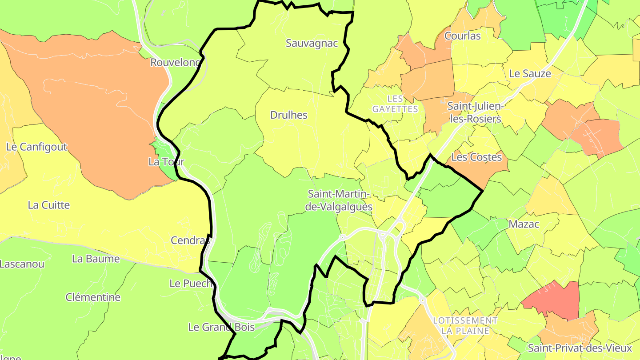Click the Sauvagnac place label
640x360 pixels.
(x=312, y=44)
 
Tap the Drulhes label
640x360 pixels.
(x=289, y=115)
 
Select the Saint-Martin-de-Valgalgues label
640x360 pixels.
(x=340, y=200)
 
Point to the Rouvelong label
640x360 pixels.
(x=175, y=63)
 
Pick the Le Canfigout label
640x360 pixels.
(x=36, y=147)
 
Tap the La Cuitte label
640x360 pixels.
(x=49, y=205)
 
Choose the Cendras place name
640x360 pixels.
(x=190, y=240)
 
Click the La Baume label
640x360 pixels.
(x=96, y=259)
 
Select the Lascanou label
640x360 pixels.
(x=22, y=264)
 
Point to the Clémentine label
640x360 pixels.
(x=93, y=297)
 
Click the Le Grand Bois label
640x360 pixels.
(x=221, y=328)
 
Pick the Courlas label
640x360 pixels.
(x=463, y=36)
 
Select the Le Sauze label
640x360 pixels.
(x=530, y=74)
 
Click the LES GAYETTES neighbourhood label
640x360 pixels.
(x=395, y=104)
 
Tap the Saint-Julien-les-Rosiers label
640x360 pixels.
(x=474, y=113)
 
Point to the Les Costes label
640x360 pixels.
(x=477, y=157)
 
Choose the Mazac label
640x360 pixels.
(x=524, y=224)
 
